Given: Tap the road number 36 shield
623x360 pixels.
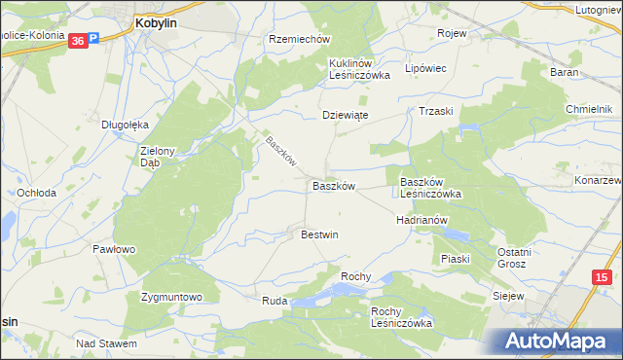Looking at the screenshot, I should (77, 41).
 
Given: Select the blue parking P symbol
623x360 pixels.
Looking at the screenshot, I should (93, 41).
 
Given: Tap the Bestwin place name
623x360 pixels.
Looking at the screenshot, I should (319, 234).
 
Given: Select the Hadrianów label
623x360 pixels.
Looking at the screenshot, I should (421, 220).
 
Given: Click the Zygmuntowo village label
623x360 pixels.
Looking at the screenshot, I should (171, 296).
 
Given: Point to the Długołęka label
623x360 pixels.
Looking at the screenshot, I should (125, 125).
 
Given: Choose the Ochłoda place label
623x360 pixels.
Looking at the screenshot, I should (35, 193).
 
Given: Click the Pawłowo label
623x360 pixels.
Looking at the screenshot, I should (113, 249).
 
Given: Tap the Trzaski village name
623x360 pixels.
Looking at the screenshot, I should (437, 111).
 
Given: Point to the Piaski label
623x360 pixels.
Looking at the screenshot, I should (455, 259).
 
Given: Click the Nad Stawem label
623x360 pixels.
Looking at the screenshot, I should (106, 343).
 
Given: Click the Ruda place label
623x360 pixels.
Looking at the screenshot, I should (275, 302).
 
